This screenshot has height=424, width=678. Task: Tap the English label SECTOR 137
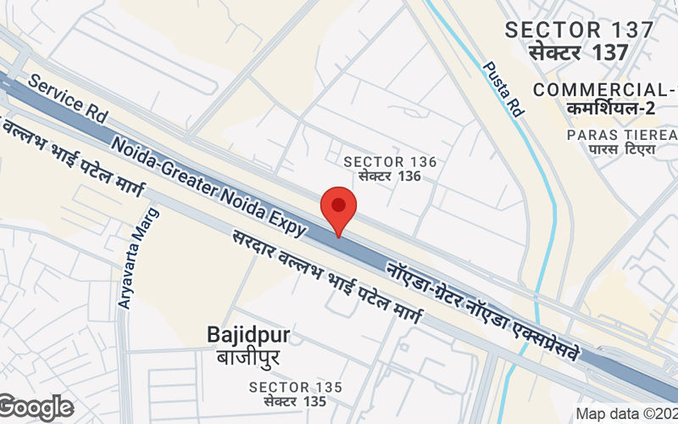pyautogui.click(x=579, y=30)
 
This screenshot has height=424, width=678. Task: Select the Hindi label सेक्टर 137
pyautogui.click(x=579, y=52)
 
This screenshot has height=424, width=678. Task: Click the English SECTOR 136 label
pyautogui.click(x=390, y=162)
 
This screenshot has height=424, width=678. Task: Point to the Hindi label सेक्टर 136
pyautogui.click(x=389, y=176)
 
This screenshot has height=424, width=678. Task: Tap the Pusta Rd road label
pyautogui.click(x=503, y=89)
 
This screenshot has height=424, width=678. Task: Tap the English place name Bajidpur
pyautogui.click(x=248, y=336)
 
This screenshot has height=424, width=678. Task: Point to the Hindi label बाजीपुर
pyautogui.click(x=248, y=356)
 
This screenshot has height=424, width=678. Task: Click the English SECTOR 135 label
pyautogui.click(x=296, y=388)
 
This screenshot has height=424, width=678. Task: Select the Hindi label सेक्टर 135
pyautogui.click(x=295, y=401)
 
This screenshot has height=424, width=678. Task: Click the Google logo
pyautogui.click(x=36, y=407)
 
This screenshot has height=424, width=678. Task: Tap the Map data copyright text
pyautogui.click(x=626, y=415)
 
